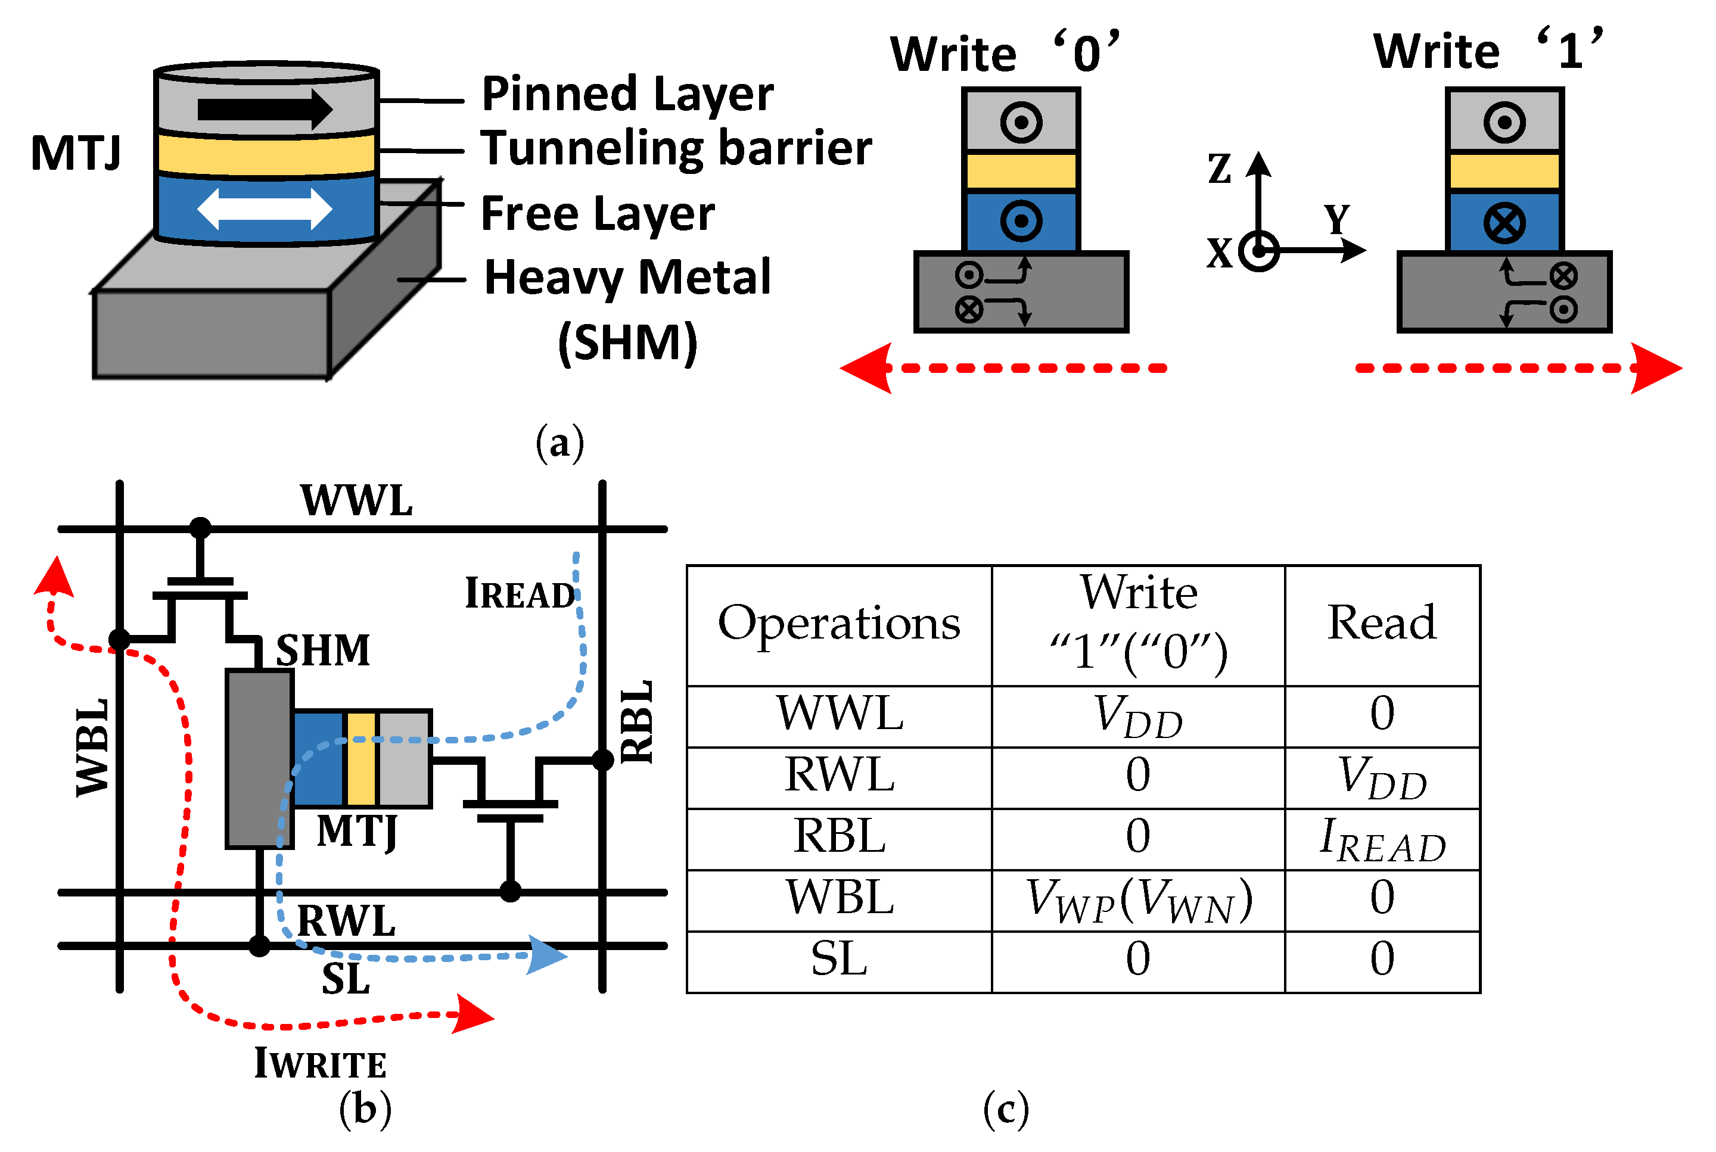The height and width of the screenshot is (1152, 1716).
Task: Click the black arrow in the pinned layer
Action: (265, 110)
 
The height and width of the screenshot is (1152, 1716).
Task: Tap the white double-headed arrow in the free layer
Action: (265, 210)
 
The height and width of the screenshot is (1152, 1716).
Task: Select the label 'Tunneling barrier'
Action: (676, 148)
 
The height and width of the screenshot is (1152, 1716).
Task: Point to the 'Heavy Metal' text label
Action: (627, 278)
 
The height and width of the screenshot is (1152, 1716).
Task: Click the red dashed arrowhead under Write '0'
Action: (867, 368)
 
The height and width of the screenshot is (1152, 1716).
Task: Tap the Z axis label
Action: (1219, 169)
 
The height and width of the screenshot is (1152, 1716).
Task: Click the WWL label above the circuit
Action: (356, 502)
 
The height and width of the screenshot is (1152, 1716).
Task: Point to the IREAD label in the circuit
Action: (520, 594)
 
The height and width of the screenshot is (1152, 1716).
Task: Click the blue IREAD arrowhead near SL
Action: (547, 955)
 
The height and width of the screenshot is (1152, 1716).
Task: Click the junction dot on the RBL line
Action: (602, 759)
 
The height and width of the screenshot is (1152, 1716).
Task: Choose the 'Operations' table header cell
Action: (838, 624)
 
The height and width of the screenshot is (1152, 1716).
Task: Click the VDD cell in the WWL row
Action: (1137, 717)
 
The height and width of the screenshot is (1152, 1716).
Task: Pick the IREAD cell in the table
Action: (1382, 839)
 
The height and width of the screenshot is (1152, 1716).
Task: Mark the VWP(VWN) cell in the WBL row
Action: (1137, 900)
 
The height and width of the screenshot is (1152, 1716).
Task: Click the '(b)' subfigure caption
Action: (365, 1109)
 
